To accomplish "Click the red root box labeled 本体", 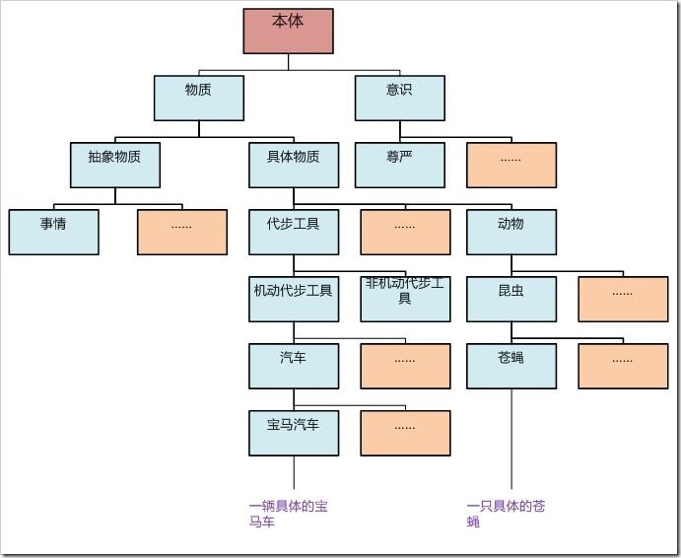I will [288, 31].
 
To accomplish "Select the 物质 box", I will [198, 98].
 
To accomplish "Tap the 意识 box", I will [399, 98].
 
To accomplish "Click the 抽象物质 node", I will [114, 165].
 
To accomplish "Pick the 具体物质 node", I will [294, 165].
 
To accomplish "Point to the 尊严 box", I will [399, 165].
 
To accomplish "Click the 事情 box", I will [53, 232].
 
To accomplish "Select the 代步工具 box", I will [294, 232].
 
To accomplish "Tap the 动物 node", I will [511, 232].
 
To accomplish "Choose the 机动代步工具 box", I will [294, 299].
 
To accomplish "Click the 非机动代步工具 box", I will [405, 299].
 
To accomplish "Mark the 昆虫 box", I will [511, 299].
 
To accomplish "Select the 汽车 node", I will [294, 366].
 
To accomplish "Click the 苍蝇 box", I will [511, 366].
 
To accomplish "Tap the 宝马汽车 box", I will [294, 433].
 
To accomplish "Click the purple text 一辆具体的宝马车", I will [288, 514].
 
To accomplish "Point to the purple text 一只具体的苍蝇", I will [505, 514].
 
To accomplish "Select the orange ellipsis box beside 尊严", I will [511, 165].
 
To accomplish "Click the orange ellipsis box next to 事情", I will [181, 232].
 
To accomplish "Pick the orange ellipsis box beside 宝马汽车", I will [405, 433].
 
